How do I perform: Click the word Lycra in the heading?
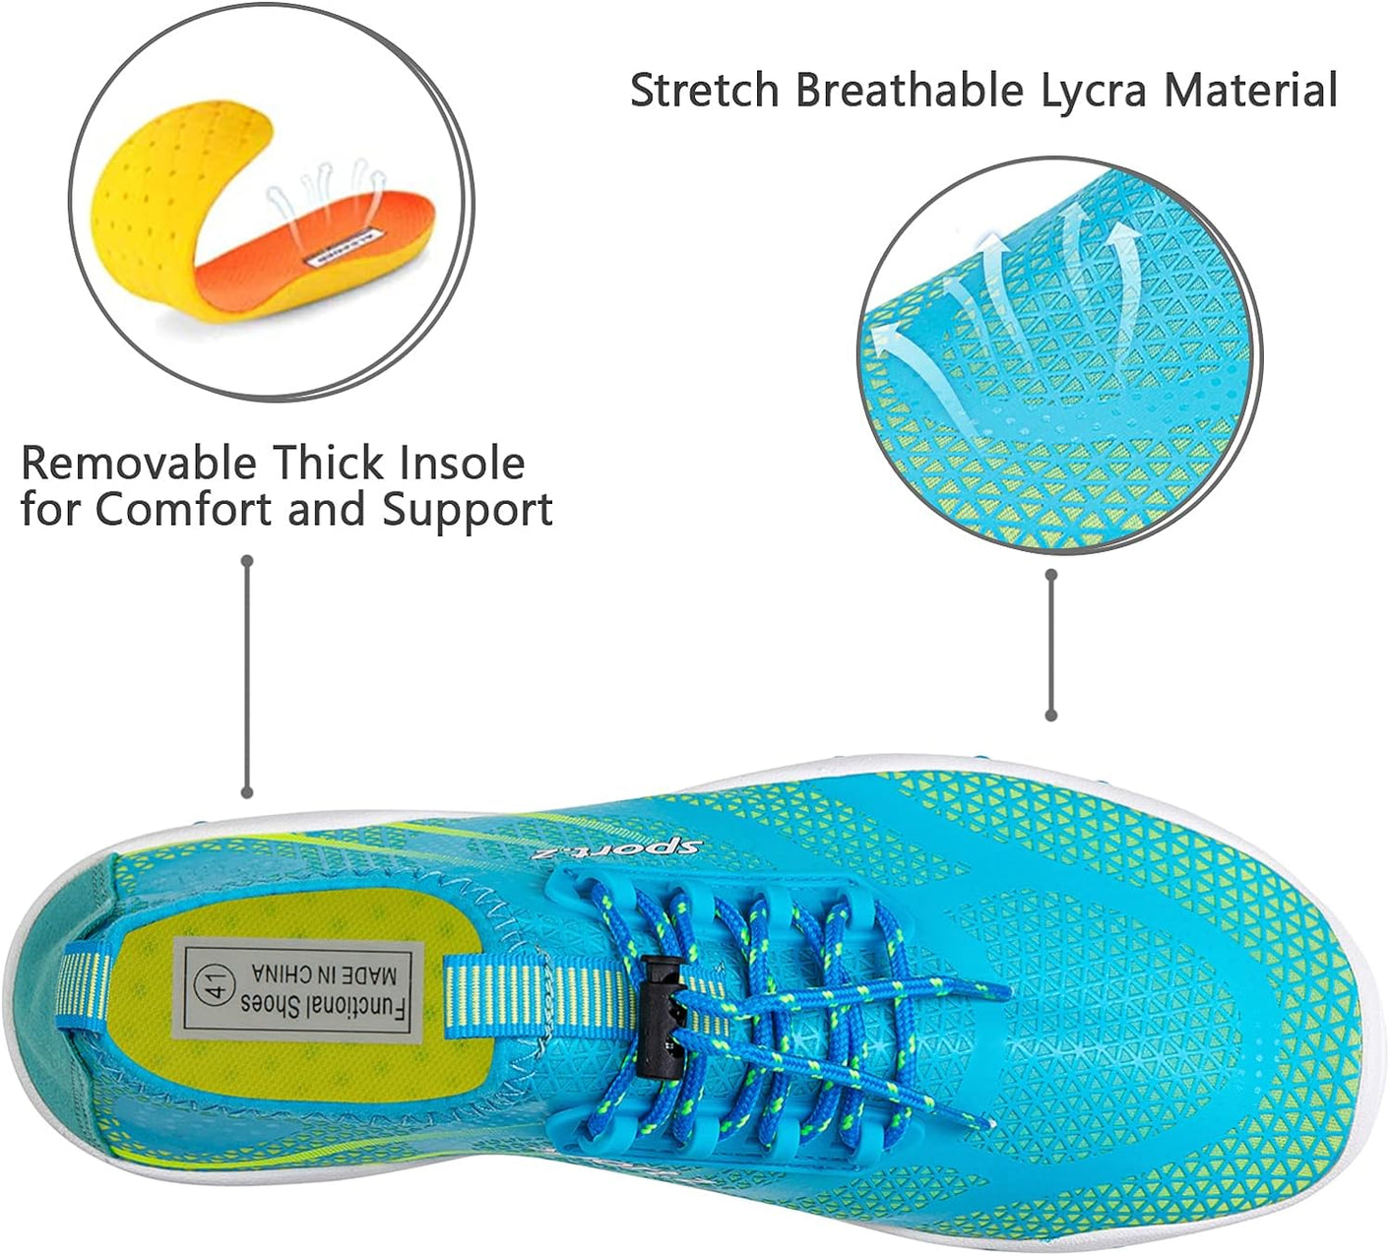1094,91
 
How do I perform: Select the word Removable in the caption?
139,463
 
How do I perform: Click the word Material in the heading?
1251,91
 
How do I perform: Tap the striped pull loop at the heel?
84,984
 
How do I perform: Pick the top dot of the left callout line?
248,561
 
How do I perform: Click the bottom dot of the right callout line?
1051,715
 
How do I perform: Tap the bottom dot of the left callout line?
248,791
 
